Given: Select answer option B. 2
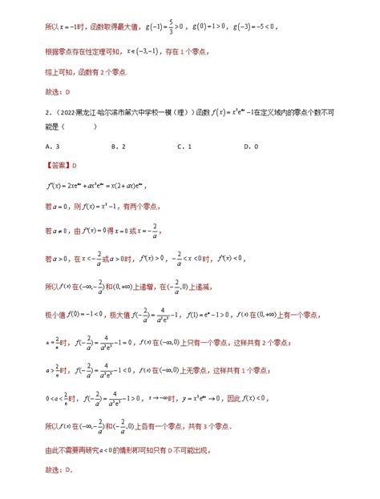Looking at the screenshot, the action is (x=117, y=146).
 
